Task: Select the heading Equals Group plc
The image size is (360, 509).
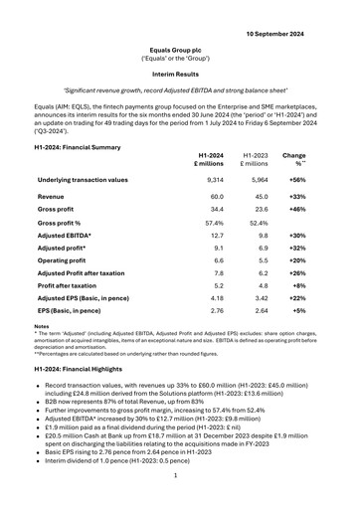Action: [x=180, y=47]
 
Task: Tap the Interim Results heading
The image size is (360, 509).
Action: [x=180, y=75]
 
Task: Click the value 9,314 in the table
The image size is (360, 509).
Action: [x=211, y=180]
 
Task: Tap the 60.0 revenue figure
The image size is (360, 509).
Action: [x=211, y=197]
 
